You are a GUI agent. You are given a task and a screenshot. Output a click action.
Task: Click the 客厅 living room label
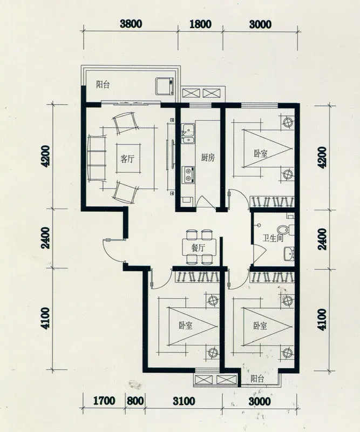pyautogui.click(x=127, y=159)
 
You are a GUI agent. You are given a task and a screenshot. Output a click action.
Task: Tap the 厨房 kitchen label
pyautogui.click(x=208, y=158)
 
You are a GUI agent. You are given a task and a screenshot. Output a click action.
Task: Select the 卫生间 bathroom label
pyautogui.click(x=273, y=238)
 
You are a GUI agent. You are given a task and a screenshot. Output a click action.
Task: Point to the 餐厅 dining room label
pyautogui.click(x=198, y=248)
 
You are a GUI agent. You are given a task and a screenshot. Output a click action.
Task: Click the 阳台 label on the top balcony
pyautogui.click(x=103, y=84)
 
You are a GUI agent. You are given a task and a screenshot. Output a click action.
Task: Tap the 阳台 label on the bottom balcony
pyautogui.click(x=257, y=379)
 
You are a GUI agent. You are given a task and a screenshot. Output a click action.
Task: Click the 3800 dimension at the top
pyautogui.click(x=131, y=24)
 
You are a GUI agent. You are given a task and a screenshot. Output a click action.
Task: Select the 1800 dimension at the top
pyautogui.click(x=201, y=24)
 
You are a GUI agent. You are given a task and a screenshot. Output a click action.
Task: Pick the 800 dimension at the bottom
pyautogui.click(x=135, y=401)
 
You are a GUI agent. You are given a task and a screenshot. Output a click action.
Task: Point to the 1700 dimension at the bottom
pyautogui.click(x=104, y=401)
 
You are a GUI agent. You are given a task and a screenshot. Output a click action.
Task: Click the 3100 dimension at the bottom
pyautogui.click(x=184, y=401)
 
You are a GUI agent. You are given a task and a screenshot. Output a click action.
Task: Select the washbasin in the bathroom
pyautogui.click(x=289, y=253)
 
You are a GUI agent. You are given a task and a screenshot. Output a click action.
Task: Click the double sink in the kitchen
pyautogui.click(x=188, y=133)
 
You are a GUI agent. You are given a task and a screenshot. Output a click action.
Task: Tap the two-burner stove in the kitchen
pyautogui.click(x=189, y=174)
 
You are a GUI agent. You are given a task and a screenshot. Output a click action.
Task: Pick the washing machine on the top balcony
pyautogui.click(x=165, y=86)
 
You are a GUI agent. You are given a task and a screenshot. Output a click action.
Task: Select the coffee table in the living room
pyautogui.click(x=128, y=158)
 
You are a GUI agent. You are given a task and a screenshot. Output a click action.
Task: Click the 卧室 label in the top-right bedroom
pyautogui.click(x=261, y=153)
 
